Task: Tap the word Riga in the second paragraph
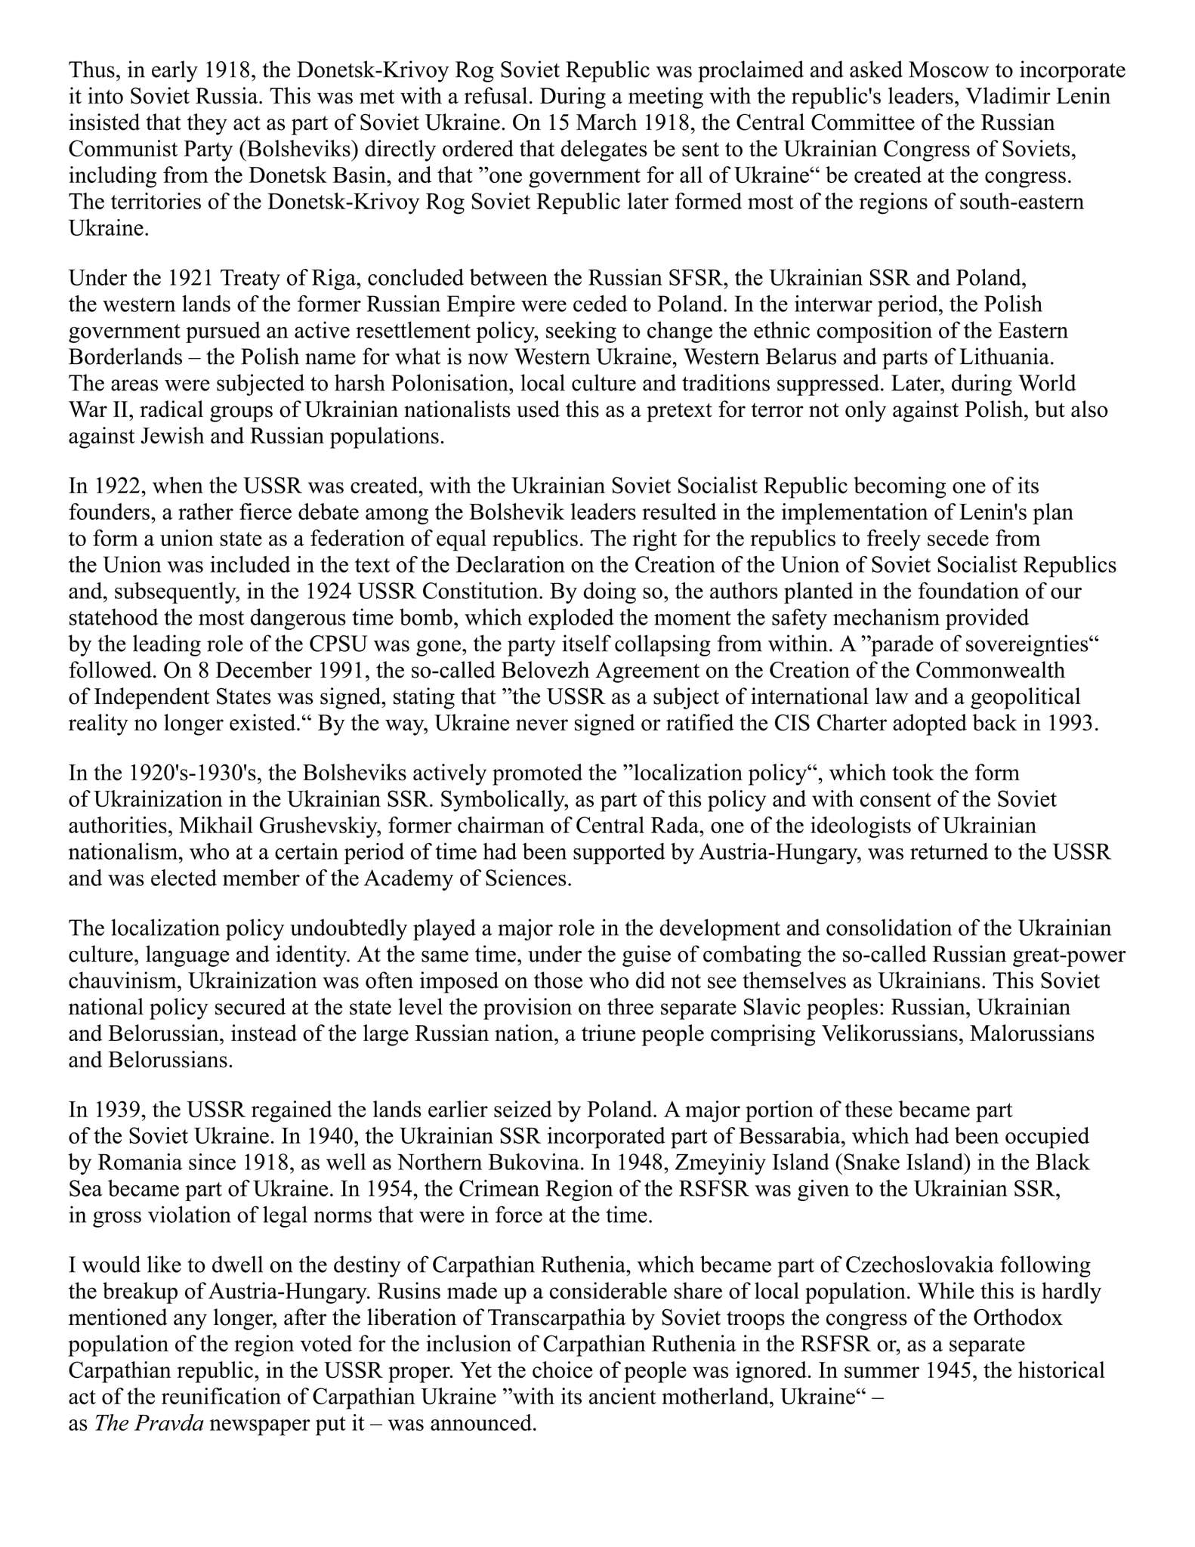[x=321, y=278]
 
